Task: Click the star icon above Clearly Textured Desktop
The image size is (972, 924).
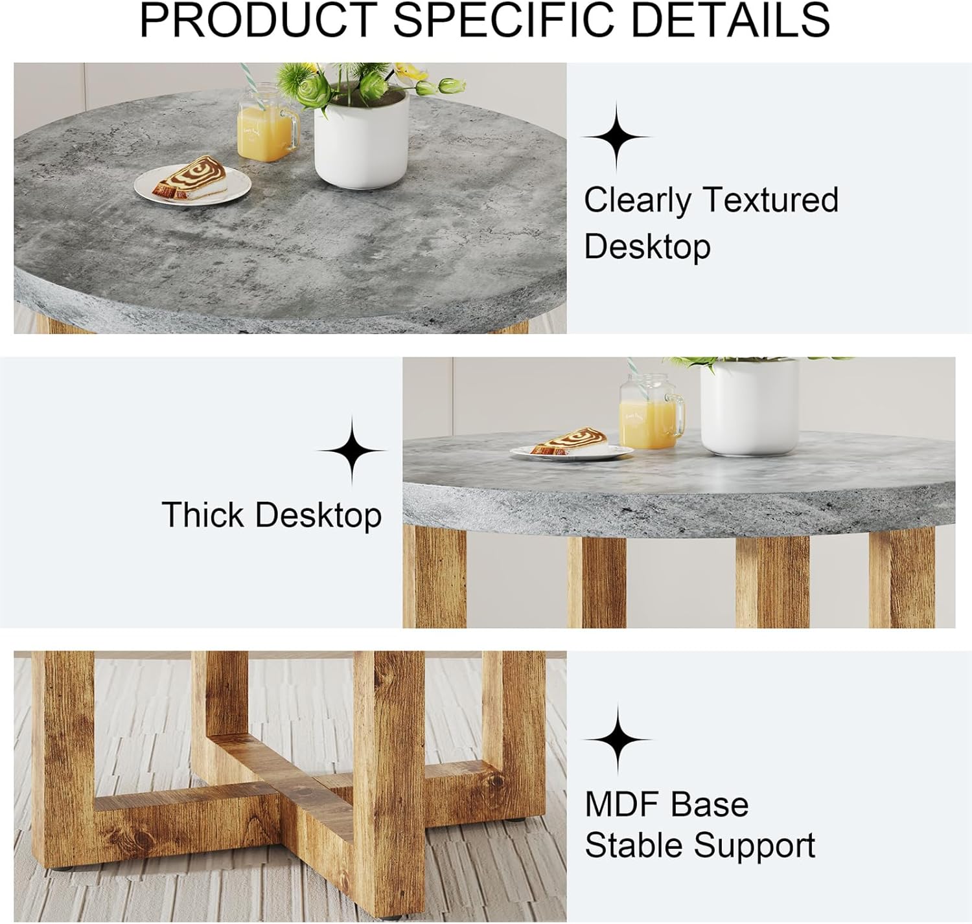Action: (616, 137)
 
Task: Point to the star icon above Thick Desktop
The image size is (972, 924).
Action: (352, 451)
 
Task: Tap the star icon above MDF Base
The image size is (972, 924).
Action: (618, 739)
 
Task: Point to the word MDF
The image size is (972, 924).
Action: (622, 804)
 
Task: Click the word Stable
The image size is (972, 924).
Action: (633, 845)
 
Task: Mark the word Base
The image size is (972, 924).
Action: (710, 804)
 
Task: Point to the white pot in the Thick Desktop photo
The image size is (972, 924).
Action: (749, 408)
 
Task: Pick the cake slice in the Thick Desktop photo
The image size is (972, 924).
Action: (570, 442)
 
